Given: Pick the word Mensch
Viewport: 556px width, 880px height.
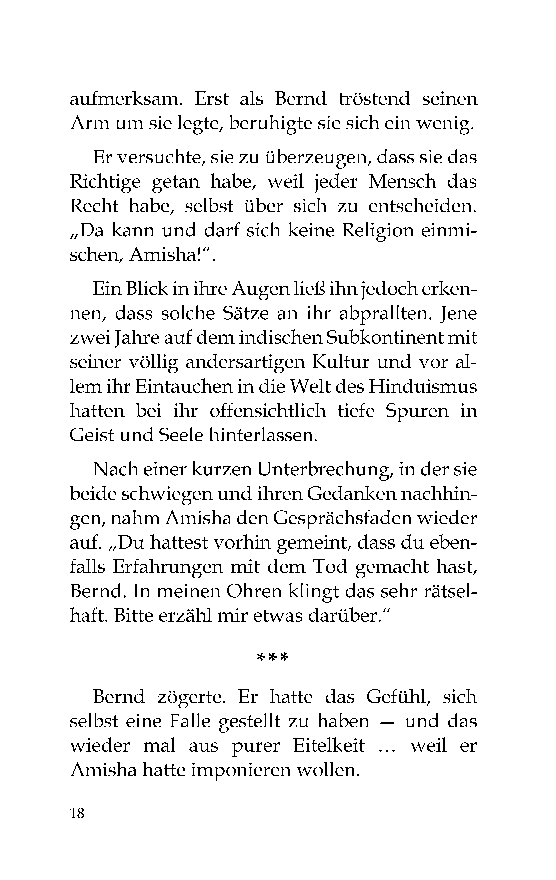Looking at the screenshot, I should pos(402,182).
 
